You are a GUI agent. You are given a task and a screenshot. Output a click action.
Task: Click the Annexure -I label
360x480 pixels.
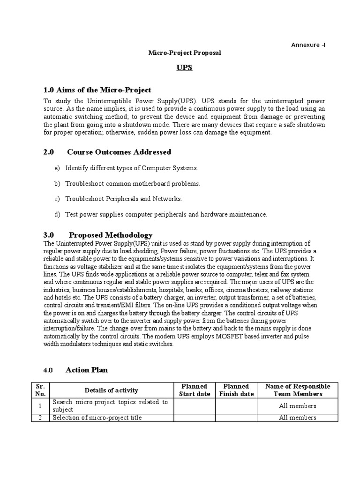click(308, 45)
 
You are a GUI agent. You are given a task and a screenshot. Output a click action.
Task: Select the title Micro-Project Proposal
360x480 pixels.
click(184, 53)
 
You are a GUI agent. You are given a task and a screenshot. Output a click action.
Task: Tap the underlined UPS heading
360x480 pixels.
click(184, 68)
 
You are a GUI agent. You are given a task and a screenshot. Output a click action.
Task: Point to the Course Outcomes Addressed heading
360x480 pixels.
click(119, 152)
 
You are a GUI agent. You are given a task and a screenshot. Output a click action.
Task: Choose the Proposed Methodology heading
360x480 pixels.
click(110, 235)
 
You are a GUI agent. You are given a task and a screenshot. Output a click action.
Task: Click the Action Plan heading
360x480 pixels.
click(87, 370)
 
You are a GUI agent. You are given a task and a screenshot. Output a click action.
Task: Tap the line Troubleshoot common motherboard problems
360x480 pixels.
click(132, 184)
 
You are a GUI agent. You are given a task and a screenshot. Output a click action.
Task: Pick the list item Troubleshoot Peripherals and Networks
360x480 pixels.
click(123, 199)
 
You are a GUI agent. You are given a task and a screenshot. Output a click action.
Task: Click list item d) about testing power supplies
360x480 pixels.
click(166, 214)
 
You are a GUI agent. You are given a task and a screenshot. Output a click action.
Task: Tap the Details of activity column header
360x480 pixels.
click(112, 390)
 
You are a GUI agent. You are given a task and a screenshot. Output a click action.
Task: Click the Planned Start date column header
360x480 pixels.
click(195, 390)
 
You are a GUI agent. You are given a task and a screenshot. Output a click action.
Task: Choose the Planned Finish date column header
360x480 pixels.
click(237, 390)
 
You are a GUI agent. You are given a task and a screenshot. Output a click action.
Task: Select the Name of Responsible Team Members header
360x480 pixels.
click(297, 390)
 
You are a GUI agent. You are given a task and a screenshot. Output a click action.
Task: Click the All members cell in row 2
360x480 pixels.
click(297, 418)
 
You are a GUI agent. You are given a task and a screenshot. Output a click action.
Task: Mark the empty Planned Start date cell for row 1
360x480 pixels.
click(195, 406)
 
